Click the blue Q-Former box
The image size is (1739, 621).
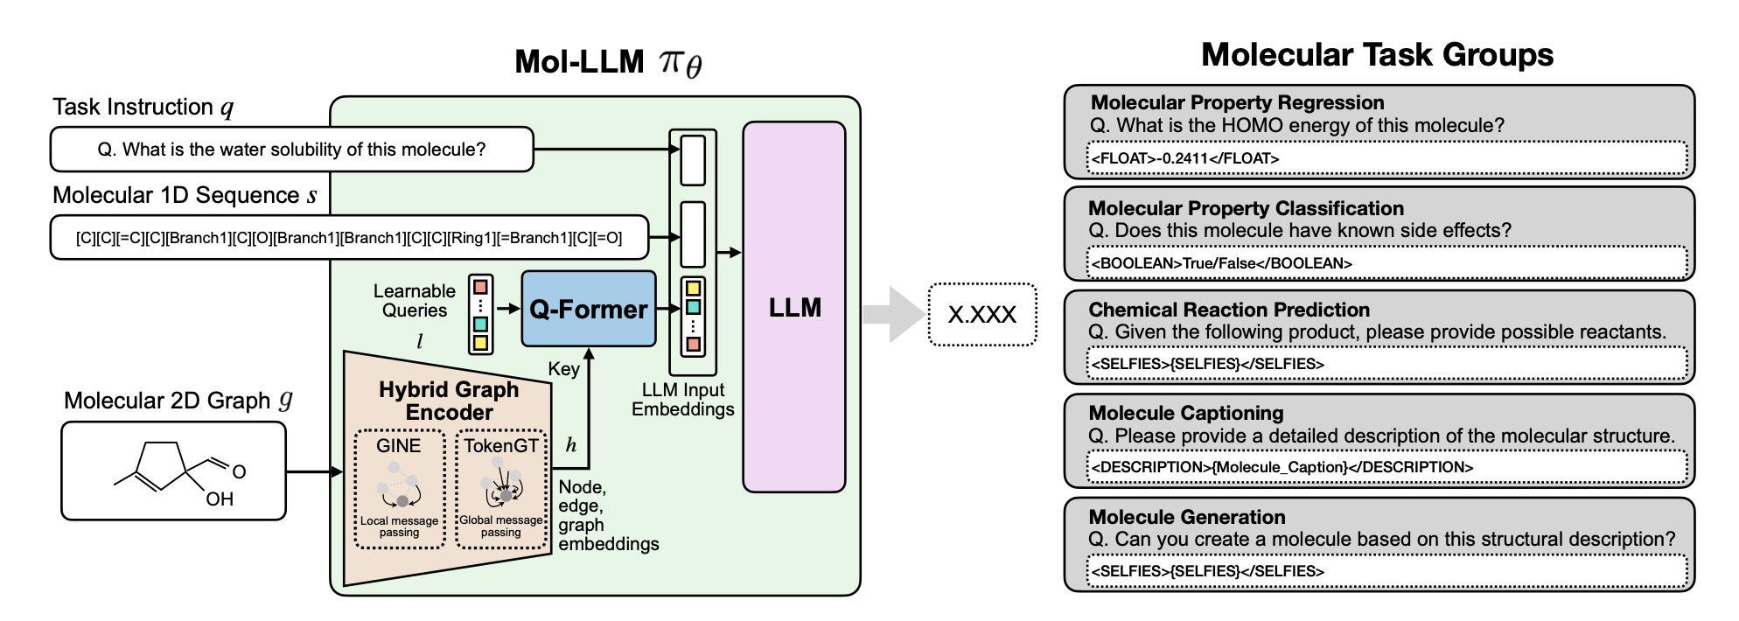pyautogui.click(x=588, y=309)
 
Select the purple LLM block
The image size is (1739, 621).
pyautogui.click(x=793, y=307)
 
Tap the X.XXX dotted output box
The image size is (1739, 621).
pyautogui.click(x=981, y=314)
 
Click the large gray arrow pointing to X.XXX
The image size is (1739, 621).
pyautogui.click(x=891, y=314)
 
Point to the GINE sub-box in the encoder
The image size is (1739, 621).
pyautogui.click(x=399, y=489)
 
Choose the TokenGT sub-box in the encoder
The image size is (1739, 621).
pyautogui.click(x=501, y=489)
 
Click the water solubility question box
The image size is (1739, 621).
pyautogui.click(x=291, y=150)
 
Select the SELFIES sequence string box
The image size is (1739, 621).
pyautogui.click(x=349, y=237)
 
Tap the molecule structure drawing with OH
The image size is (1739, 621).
pyautogui.click(x=173, y=471)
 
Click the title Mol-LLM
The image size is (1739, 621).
pyautogui.click(x=607, y=62)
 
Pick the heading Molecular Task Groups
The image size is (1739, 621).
pyautogui.click(x=1377, y=54)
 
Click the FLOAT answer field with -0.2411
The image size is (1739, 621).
pyautogui.click(x=1386, y=158)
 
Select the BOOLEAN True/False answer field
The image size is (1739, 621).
pyautogui.click(x=1386, y=263)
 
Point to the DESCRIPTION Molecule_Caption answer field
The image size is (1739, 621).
pyautogui.click(x=1386, y=467)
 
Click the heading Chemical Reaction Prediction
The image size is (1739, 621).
pyautogui.click(x=1229, y=310)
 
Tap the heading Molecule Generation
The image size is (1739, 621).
pyautogui.click(x=1186, y=517)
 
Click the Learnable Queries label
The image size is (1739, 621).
pyautogui.click(x=414, y=301)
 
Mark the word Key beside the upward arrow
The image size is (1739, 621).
pyautogui.click(x=563, y=369)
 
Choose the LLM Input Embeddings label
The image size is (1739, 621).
pyautogui.click(x=682, y=400)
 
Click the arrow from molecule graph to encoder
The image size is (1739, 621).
pyautogui.click(x=314, y=472)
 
